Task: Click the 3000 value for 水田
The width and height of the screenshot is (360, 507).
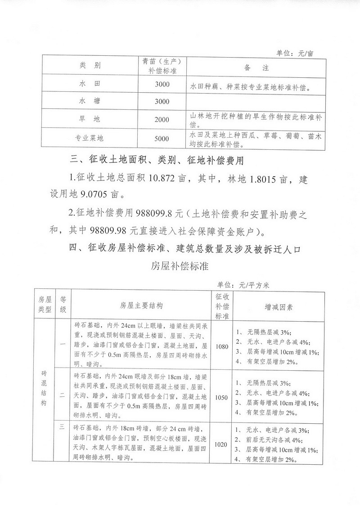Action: click(162, 84)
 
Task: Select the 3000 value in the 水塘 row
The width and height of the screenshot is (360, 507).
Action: click(162, 102)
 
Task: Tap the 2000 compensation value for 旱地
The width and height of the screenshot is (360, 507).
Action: click(162, 120)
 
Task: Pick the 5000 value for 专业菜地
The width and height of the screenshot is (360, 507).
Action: click(162, 139)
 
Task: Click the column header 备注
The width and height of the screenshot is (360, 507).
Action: click(256, 68)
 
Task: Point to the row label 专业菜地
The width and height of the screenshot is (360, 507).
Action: click(90, 139)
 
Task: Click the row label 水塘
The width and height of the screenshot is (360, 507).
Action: click(90, 102)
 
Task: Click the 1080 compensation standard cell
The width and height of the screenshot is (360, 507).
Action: click(222, 347)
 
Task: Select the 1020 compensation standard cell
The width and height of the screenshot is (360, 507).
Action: click(222, 444)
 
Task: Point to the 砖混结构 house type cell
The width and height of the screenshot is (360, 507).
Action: click(44, 389)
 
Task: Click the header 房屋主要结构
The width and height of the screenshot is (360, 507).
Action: click(142, 306)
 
